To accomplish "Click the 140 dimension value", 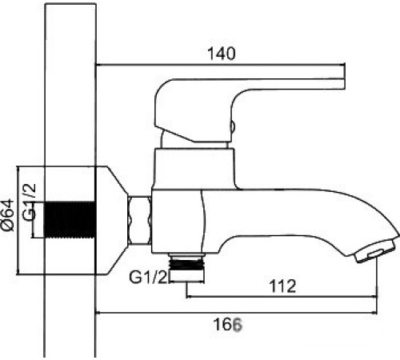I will pyautogui.click(x=221, y=54).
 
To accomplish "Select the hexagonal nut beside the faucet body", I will pyautogui.click(x=139, y=218).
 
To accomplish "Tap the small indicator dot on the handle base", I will pyautogui.click(x=233, y=125).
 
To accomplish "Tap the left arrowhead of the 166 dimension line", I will pyautogui.click(x=98, y=312).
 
